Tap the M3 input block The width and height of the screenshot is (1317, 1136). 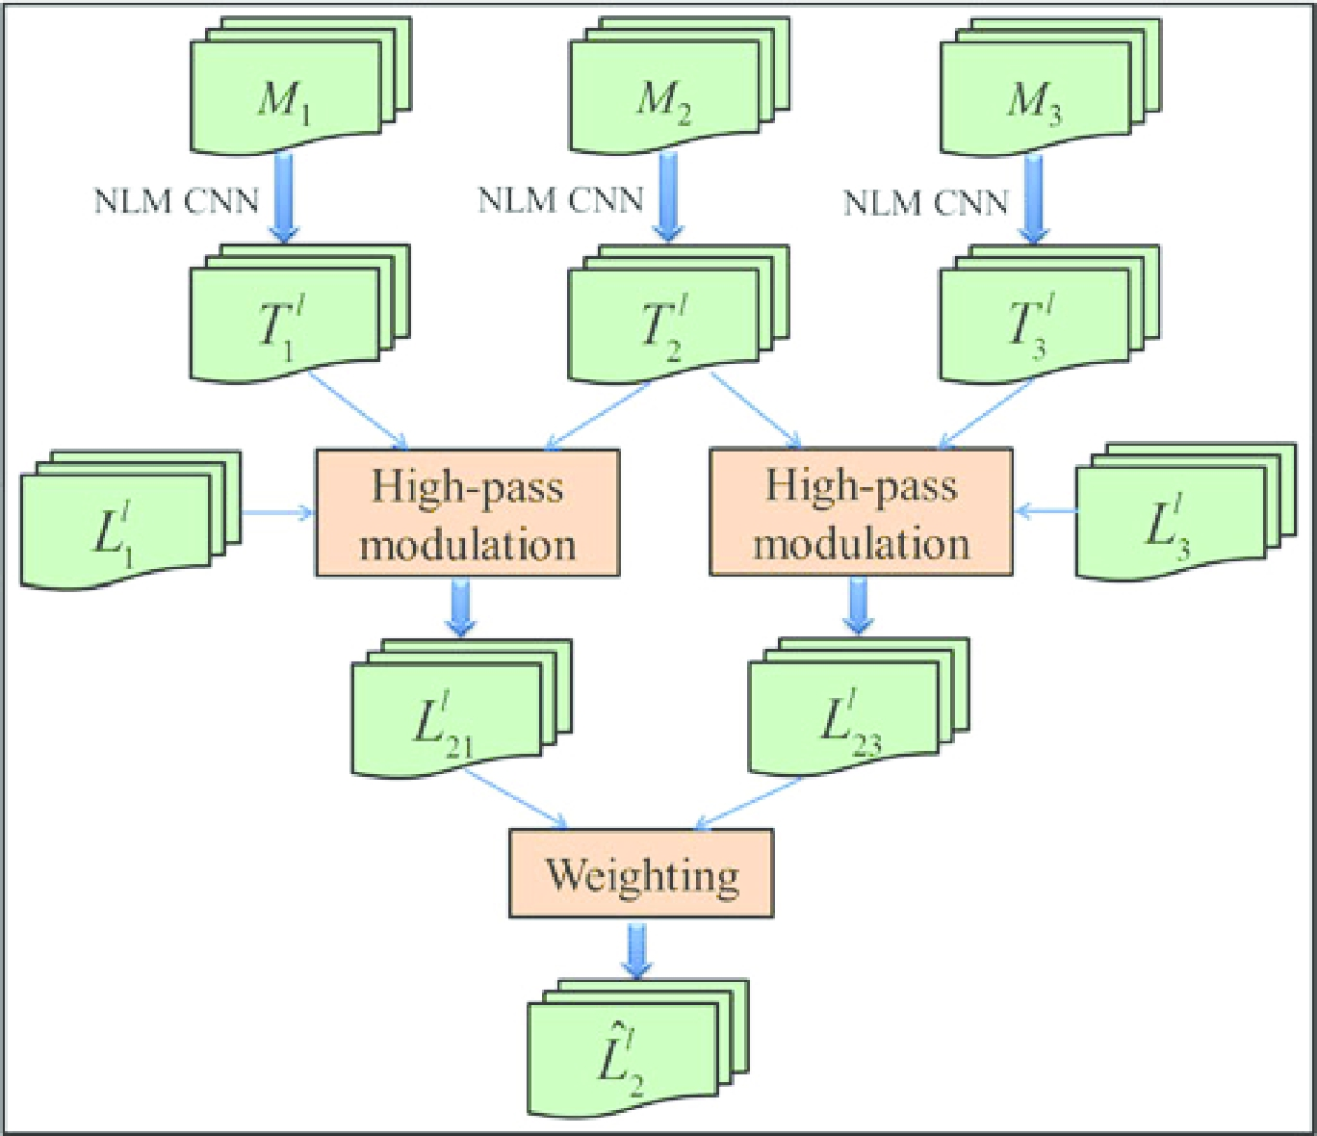click(x=1036, y=98)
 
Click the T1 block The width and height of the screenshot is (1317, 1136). click(x=285, y=325)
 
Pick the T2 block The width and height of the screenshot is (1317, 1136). click(x=664, y=325)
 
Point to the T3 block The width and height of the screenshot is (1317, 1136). click(x=1034, y=325)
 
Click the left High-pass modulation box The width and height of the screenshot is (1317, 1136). click(x=467, y=513)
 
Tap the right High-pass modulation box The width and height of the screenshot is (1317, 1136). click(x=861, y=512)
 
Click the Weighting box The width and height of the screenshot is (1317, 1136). click(x=641, y=874)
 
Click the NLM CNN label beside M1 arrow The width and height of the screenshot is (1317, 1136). click(x=176, y=201)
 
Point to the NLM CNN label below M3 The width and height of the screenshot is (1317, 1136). click(x=925, y=202)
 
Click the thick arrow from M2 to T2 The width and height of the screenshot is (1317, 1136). click(x=667, y=196)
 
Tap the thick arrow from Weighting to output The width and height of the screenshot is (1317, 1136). click(x=635, y=950)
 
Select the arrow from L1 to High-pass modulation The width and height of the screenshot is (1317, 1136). click(x=277, y=512)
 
